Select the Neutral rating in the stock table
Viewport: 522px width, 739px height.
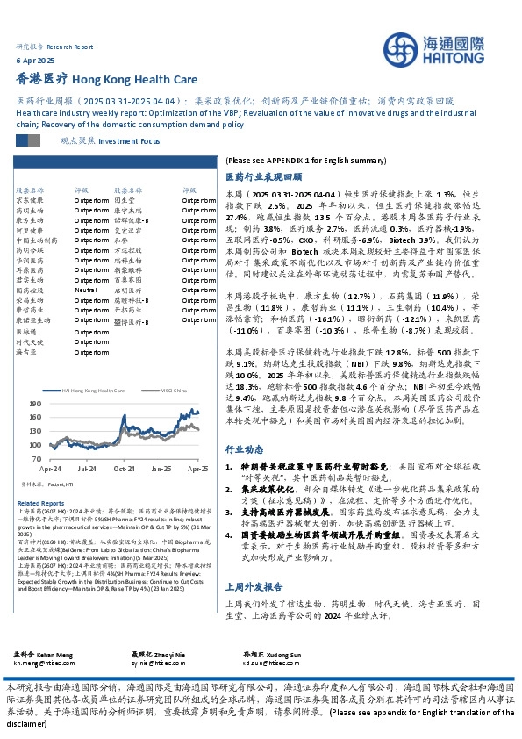point(85,289)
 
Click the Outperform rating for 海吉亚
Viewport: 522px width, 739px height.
point(89,352)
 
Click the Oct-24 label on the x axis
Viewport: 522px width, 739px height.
point(124,470)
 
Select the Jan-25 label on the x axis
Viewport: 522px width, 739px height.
point(161,470)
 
